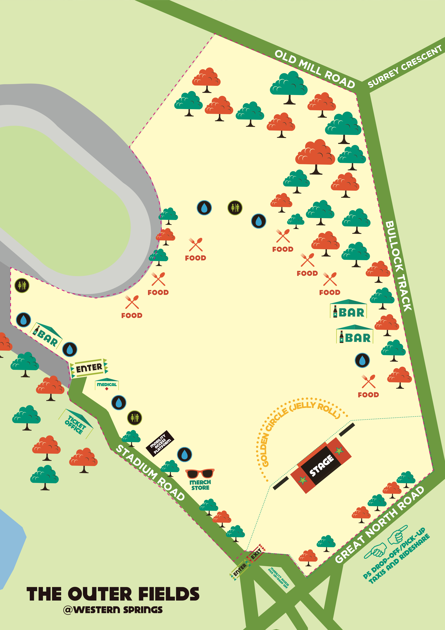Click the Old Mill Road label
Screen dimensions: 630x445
(315, 69)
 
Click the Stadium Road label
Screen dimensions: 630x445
(150, 472)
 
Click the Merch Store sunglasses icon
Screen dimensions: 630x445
(200, 474)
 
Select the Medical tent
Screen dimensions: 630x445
(107, 384)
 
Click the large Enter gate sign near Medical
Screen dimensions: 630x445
(89, 368)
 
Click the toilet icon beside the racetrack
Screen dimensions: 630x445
(22, 285)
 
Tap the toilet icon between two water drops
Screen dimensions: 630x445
(235, 208)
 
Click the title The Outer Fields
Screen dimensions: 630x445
(113, 594)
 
